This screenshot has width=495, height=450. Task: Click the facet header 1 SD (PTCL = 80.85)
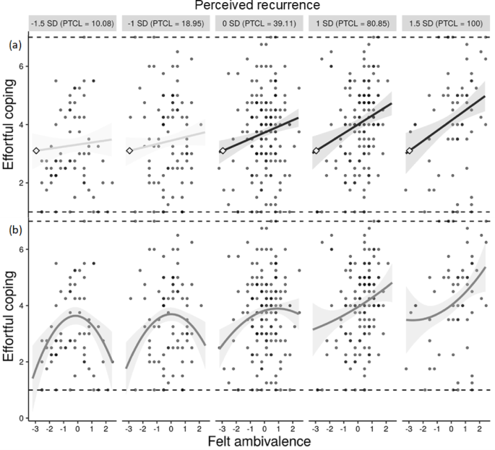350,23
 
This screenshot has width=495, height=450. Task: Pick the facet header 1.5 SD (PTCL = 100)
442,23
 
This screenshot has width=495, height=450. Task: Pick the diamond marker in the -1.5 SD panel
36,150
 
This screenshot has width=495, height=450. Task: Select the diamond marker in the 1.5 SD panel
409,150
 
